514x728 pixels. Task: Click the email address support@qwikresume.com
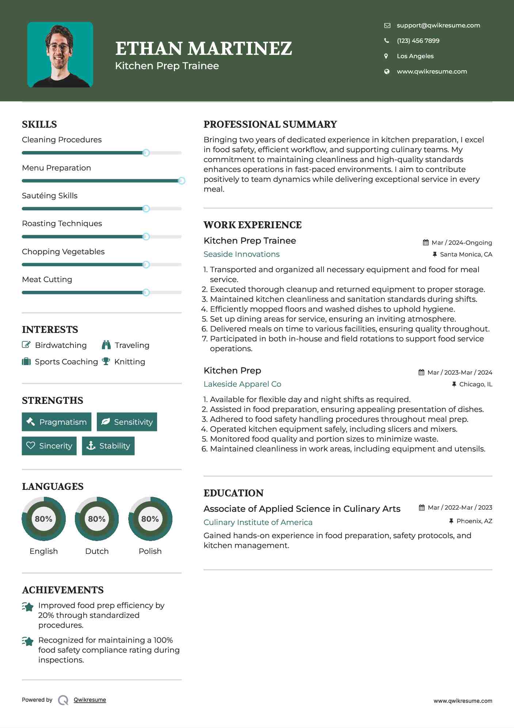point(438,25)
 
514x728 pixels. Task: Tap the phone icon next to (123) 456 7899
point(387,41)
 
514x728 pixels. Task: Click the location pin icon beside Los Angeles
point(386,56)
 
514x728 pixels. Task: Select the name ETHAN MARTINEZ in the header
point(203,48)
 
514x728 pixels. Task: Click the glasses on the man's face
point(58,47)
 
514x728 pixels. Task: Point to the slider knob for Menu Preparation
point(181,181)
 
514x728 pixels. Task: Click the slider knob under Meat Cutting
point(146,292)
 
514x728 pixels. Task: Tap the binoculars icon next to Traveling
point(106,345)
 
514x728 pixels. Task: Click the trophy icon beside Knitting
point(106,361)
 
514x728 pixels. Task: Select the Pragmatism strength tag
point(57,422)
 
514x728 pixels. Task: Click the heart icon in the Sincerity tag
point(31,446)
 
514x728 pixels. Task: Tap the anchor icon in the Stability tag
point(91,446)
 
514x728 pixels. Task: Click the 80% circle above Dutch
point(97,519)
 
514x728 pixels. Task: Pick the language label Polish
point(150,551)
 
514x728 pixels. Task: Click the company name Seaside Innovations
point(241,254)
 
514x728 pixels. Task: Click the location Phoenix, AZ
point(474,521)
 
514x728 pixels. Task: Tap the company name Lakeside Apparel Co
point(242,384)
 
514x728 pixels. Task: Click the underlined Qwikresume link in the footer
point(90,700)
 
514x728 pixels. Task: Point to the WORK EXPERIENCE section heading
point(252,225)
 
